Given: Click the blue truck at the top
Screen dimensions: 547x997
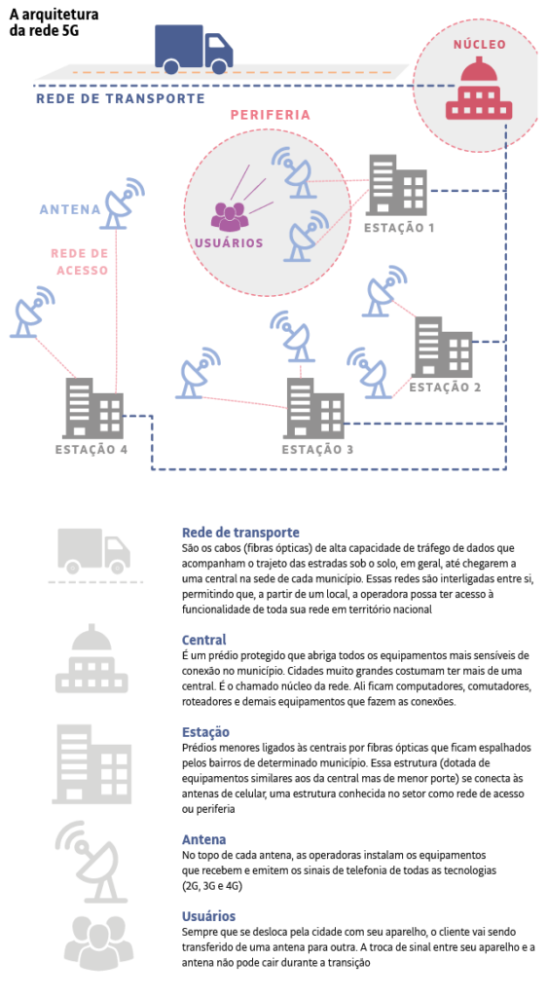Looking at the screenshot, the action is (194, 49).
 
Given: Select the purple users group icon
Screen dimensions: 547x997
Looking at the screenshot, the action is (230, 217).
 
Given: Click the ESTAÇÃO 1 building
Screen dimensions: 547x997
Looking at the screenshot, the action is (396, 185).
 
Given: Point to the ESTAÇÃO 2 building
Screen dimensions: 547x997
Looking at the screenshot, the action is (442, 347).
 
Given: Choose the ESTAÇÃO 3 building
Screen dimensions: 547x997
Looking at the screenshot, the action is (315, 408).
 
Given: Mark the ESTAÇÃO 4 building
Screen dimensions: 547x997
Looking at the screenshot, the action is (93, 408).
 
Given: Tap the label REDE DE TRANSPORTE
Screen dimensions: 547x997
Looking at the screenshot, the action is (120, 98).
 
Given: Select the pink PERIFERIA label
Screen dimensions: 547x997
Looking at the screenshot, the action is (270, 115).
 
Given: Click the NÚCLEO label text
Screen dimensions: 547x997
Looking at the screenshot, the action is (479, 45).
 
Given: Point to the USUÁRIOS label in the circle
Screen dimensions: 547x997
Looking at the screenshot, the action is (229, 242).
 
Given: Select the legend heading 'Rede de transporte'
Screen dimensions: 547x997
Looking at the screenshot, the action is (240, 533).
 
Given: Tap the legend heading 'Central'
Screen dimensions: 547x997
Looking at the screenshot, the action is (204, 640).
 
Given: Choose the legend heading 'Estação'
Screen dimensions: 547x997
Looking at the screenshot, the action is (205, 732).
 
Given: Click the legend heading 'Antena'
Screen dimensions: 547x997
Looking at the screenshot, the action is (203, 839).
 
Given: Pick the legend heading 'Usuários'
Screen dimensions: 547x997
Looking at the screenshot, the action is (208, 916).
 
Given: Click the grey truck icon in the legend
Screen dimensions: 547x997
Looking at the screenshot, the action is (94, 551).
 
